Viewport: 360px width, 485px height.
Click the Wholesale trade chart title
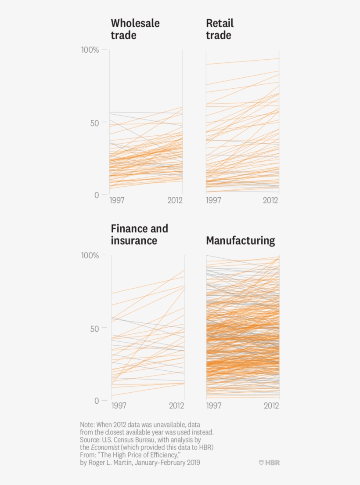(135, 29)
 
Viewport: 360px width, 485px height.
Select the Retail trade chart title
(220, 29)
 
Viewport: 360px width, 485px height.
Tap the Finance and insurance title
(139, 235)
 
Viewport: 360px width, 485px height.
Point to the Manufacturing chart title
(241, 241)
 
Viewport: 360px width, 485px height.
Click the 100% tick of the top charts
(90, 50)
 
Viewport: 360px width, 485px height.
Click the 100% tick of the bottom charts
(90, 255)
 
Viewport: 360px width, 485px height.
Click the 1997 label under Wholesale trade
(117, 200)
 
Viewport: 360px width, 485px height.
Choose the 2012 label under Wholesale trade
(175, 200)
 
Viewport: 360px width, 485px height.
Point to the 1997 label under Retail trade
(214, 200)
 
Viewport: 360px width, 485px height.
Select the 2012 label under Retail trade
(271, 200)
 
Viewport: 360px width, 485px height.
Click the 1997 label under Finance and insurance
(119, 405)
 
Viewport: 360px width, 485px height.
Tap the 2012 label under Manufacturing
(271, 405)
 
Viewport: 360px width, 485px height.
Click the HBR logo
(269, 463)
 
